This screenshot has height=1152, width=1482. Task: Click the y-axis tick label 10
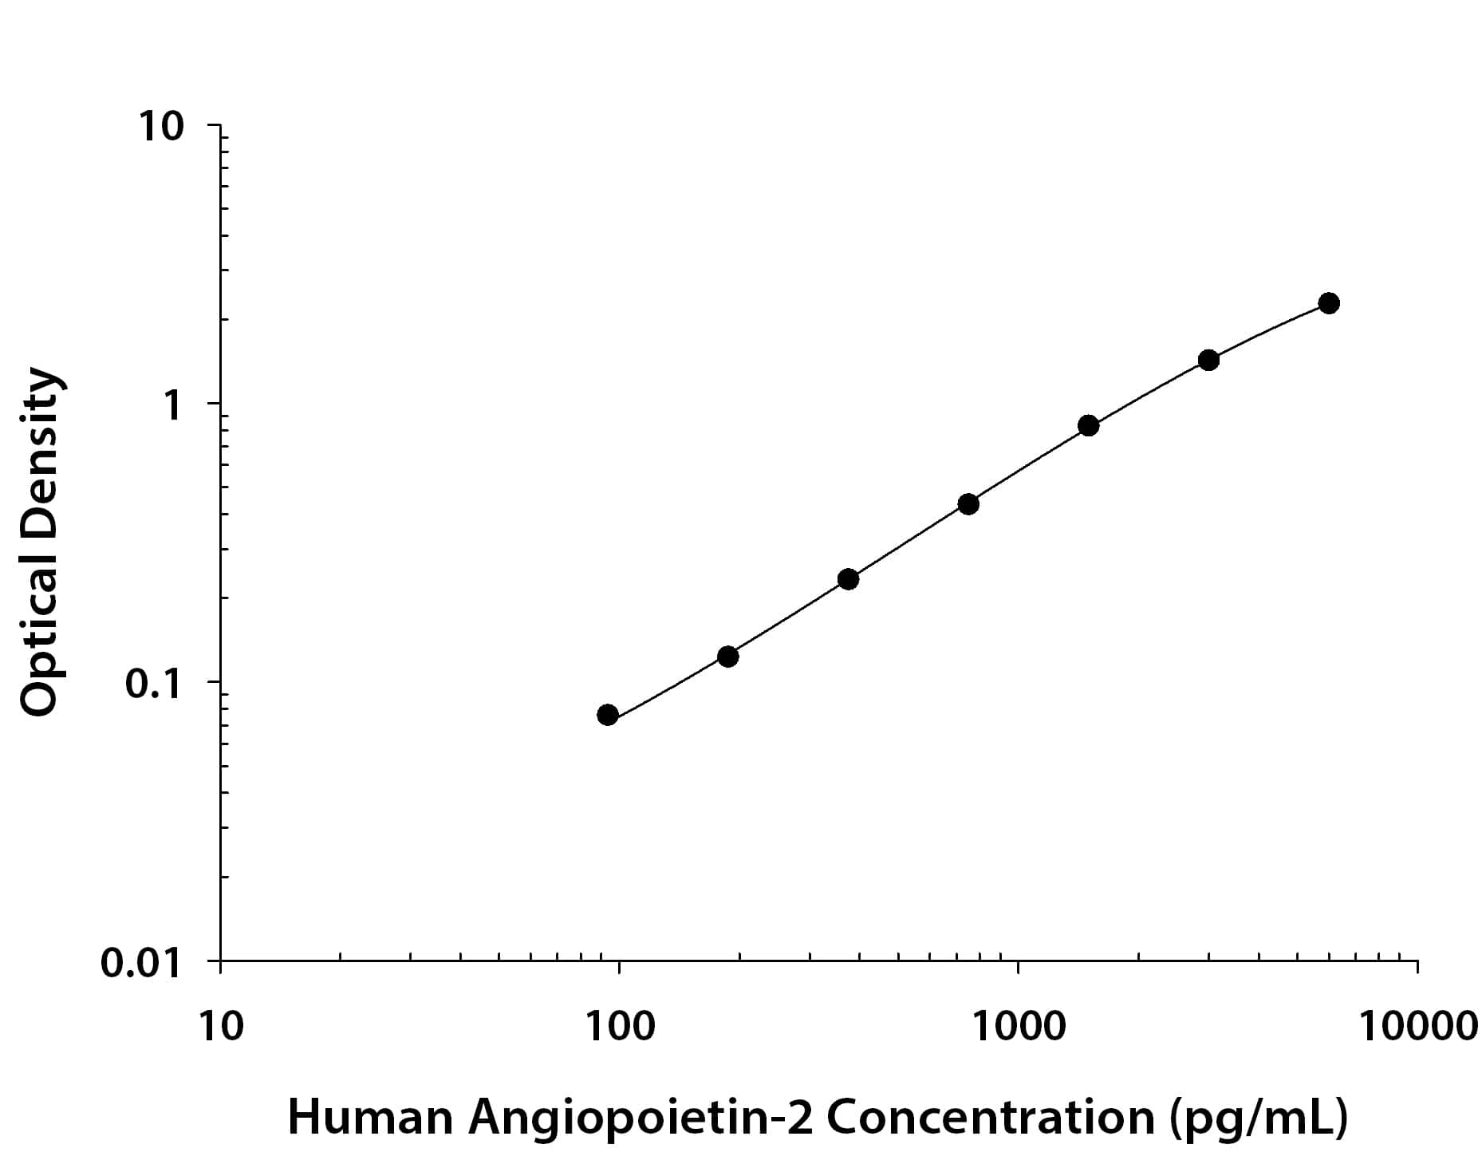point(163,127)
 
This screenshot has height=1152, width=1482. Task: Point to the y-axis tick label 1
point(172,405)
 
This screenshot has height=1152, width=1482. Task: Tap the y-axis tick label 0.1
point(155,684)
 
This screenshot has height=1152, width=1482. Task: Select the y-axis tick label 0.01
point(142,963)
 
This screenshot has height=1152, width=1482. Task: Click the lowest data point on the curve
point(607,715)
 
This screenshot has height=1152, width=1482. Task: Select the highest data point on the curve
point(1329,303)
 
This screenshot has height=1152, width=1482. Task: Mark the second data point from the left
point(727,657)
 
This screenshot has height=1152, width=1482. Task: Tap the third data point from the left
point(849,579)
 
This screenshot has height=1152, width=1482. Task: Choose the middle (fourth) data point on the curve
point(968,504)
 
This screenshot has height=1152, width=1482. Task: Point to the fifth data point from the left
point(1088,426)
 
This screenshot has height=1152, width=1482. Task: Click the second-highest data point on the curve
point(1208,361)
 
